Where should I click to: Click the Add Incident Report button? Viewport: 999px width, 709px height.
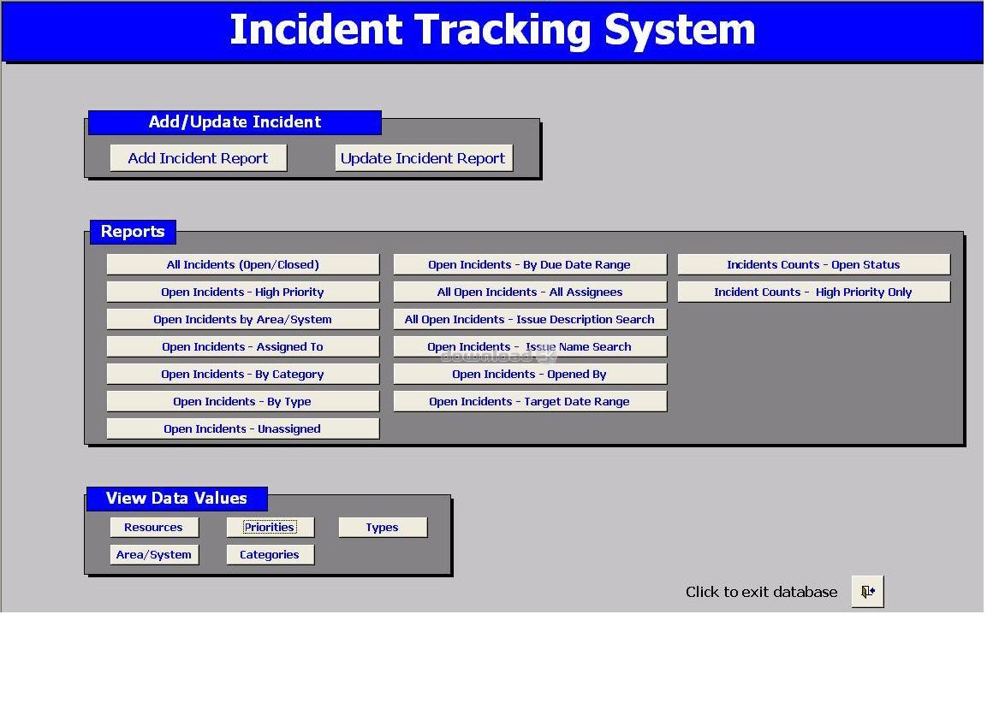click(198, 158)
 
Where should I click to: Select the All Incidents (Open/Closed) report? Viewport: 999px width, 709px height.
click(243, 264)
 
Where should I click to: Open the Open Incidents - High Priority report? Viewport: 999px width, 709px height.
click(243, 292)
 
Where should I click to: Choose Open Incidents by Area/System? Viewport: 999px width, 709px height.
click(243, 319)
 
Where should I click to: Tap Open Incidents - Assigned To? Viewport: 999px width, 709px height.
click(243, 346)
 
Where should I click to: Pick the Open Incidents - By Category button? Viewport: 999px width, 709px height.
click(243, 374)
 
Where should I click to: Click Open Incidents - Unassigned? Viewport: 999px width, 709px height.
click(243, 428)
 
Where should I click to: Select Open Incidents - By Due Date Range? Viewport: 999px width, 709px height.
click(530, 264)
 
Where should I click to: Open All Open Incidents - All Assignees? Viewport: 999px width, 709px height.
click(530, 292)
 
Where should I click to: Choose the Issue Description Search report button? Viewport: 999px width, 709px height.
click(530, 319)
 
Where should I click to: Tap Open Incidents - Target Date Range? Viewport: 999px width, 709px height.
click(530, 401)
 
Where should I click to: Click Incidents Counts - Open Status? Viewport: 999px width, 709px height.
click(813, 264)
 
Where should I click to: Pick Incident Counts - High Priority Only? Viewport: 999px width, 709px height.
click(813, 292)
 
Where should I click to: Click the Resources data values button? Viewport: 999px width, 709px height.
click(154, 527)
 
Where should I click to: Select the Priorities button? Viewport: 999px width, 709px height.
click(271, 527)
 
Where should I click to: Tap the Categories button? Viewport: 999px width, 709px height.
click(271, 554)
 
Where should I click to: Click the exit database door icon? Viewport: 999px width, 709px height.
click(868, 591)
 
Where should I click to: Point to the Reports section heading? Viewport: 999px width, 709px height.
click(133, 231)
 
